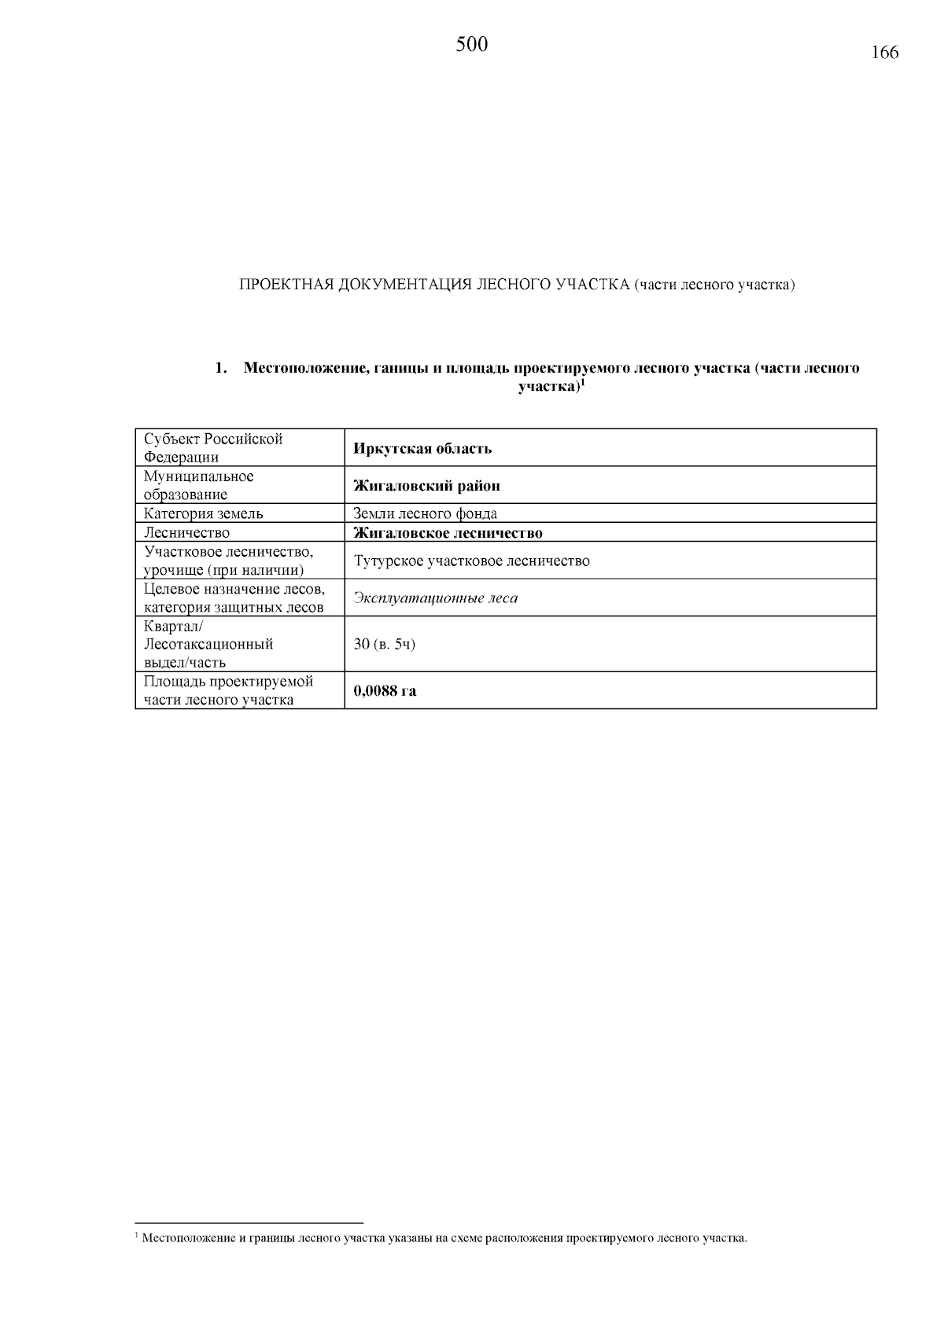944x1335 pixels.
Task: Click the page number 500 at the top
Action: pyautogui.click(x=471, y=45)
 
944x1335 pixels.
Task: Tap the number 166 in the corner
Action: pyautogui.click(x=884, y=53)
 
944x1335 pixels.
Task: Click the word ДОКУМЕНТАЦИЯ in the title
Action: pyautogui.click(x=403, y=285)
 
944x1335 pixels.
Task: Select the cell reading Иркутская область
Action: pyautogui.click(x=422, y=448)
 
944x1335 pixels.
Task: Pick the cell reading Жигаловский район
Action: pyautogui.click(x=426, y=486)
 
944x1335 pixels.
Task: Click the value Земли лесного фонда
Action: pyautogui.click(x=425, y=513)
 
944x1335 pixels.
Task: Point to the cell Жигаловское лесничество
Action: pyautogui.click(x=448, y=533)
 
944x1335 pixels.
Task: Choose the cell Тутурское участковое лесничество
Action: pyautogui.click(x=471, y=561)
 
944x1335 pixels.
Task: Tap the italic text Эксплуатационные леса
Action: pyautogui.click(x=436, y=598)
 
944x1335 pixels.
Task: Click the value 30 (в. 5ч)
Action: pyautogui.click(x=384, y=644)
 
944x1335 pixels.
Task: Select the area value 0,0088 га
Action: pyautogui.click(x=385, y=691)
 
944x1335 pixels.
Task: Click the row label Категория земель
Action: pyautogui.click(x=203, y=513)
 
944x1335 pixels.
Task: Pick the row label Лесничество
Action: pyautogui.click(x=186, y=533)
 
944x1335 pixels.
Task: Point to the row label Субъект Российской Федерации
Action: pyautogui.click(x=212, y=447)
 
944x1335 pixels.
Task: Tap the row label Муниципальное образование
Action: pyautogui.click(x=198, y=485)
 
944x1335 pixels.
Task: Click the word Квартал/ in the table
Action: pyautogui.click(x=173, y=627)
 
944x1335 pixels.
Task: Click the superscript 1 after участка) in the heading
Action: pyautogui.click(x=583, y=384)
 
